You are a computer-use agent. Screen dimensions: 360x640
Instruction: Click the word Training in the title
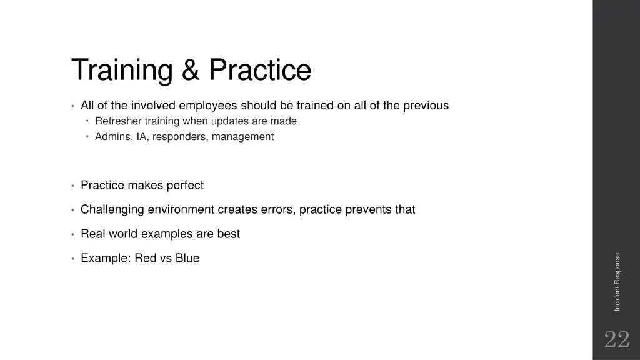122,71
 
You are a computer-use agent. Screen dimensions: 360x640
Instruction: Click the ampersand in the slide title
190,70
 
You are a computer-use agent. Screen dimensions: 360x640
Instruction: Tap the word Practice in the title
260,70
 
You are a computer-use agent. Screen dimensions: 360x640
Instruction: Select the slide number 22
616,340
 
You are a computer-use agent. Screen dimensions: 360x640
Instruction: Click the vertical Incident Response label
617,281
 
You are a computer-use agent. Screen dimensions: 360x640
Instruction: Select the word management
242,137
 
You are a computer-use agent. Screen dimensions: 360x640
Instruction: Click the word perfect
185,186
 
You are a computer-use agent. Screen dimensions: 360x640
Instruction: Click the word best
228,234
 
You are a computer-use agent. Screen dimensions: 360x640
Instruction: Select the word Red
145,259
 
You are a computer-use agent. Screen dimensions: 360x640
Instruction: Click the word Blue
187,259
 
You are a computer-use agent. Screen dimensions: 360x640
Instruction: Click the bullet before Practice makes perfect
73,186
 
